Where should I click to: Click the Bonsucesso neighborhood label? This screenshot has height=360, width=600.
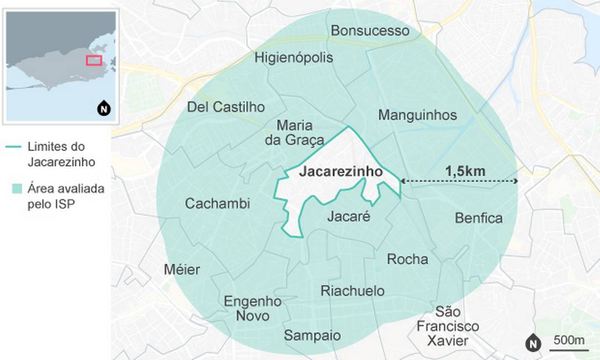coord(370,30)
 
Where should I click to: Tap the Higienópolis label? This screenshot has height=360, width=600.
coord(294,57)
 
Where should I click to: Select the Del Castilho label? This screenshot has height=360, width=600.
coord(226,107)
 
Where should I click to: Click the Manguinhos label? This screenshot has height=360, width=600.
coord(417,115)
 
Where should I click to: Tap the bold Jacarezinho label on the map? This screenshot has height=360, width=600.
coord(340,172)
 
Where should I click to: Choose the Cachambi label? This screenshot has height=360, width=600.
coord(217,204)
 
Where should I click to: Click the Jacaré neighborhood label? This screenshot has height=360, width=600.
coord(348,216)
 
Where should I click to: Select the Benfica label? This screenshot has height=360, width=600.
coord(478,218)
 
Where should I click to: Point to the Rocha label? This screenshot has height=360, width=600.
coord(407,259)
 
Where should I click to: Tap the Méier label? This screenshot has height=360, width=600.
coord(182,269)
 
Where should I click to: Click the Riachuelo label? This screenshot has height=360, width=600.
coord(352,291)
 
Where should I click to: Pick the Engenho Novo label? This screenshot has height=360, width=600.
coord(252,309)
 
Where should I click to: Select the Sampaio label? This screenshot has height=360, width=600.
coord(312,335)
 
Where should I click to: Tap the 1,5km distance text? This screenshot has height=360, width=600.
coord(465,171)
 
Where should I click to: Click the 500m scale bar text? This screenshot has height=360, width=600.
coord(569,340)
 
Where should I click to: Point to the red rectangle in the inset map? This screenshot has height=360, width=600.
coord(94,60)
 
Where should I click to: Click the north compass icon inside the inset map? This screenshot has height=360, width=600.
coord(103,109)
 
